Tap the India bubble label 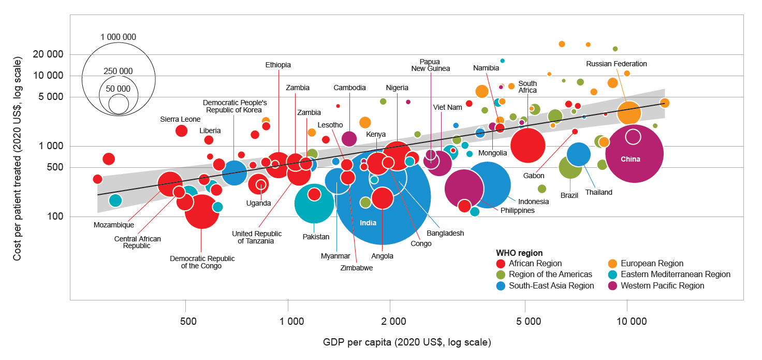[368, 223]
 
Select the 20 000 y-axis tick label [48, 54]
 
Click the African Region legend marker [501, 264]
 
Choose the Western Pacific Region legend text [663, 285]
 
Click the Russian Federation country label [616, 64]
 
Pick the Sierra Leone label [180, 119]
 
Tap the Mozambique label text [114, 225]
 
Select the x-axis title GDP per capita [407, 342]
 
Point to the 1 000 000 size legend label [119, 37]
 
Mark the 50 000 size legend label [119, 89]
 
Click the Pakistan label [316, 237]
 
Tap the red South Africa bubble [527, 146]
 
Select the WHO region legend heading [519, 253]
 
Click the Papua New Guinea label [431, 65]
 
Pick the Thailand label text [598, 192]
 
